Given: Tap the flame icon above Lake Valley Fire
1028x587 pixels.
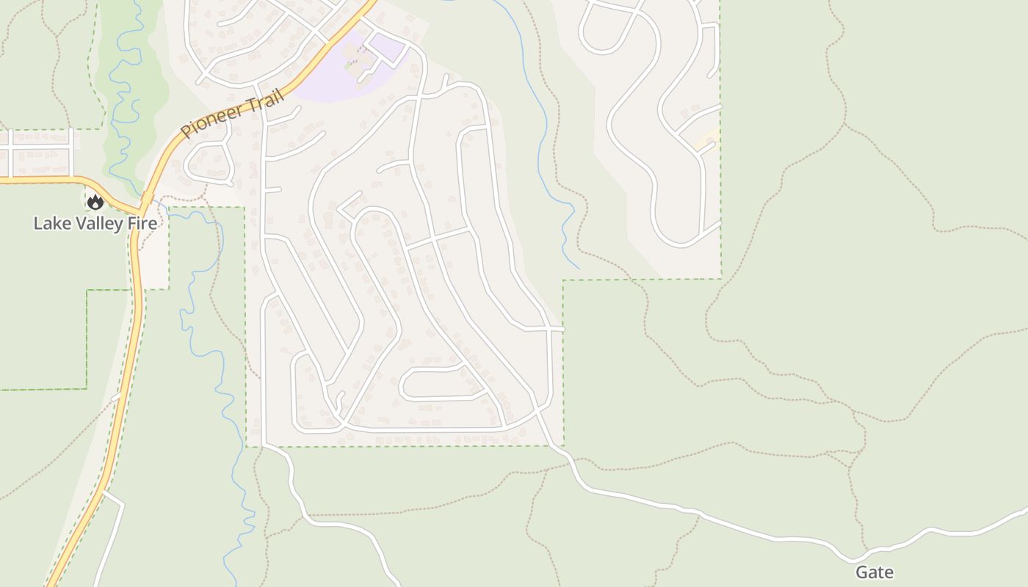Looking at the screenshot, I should pos(95,202).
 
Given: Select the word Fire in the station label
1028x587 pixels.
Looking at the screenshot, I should pos(142,223).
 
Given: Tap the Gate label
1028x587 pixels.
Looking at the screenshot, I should pos(874,572).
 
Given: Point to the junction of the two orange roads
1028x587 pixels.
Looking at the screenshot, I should pos(140,209).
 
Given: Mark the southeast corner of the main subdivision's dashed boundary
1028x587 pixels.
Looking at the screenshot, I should pos(563,445).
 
